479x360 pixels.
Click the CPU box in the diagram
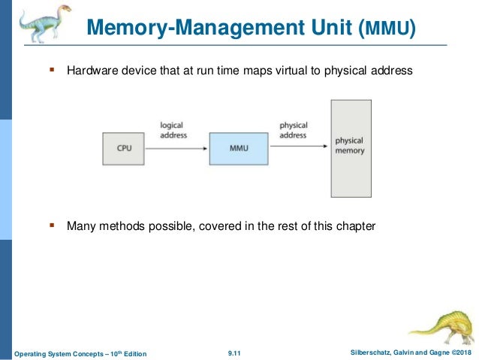pyautogui.click(x=124, y=148)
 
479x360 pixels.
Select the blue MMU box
pyautogui.click(x=238, y=148)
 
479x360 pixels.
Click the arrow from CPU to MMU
pyautogui.click(x=176, y=148)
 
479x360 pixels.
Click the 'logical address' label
pyautogui.click(x=173, y=130)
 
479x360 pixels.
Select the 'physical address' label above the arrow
pyautogui.click(x=293, y=130)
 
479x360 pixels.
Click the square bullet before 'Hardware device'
pyautogui.click(x=52, y=71)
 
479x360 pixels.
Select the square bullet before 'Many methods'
pyautogui.click(x=52, y=224)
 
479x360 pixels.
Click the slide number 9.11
pyautogui.click(x=236, y=352)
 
